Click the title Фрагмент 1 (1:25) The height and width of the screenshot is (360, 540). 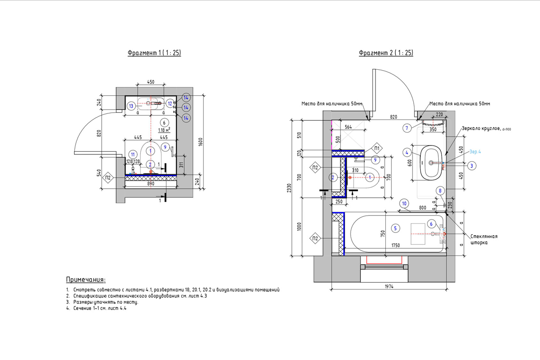(x=154, y=53)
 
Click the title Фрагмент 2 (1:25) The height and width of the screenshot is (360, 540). (x=386, y=53)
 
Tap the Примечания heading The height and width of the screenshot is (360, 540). (x=86, y=280)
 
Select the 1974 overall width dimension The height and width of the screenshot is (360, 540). (x=389, y=286)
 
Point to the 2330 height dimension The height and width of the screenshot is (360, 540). (x=289, y=188)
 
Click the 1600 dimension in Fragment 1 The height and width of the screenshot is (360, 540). (x=201, y=142)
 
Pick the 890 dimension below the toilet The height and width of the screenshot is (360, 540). (x=151, y=184)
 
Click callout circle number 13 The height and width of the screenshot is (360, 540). (x=131, y=106)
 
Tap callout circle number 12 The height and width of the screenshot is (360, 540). (x=170, y=104)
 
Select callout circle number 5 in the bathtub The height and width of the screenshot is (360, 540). (x=395, y=228)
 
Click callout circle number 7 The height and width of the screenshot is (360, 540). (x=407, y=128)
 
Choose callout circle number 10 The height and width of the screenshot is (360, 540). (x=404, y=204)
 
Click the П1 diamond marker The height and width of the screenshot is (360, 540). (x=377, y=148)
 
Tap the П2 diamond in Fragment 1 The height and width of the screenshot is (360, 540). (x=108, y=178)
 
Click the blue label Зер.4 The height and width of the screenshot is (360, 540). (x=475, y=152)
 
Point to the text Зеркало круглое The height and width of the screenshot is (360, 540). (x=481, y=129)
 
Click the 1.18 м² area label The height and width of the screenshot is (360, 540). (x=164, y=130)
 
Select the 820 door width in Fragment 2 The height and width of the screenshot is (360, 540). (x=393, y=117)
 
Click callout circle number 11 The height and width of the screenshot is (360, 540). (x=133, y=155)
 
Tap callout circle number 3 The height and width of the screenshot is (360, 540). (x=472, y=166)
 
